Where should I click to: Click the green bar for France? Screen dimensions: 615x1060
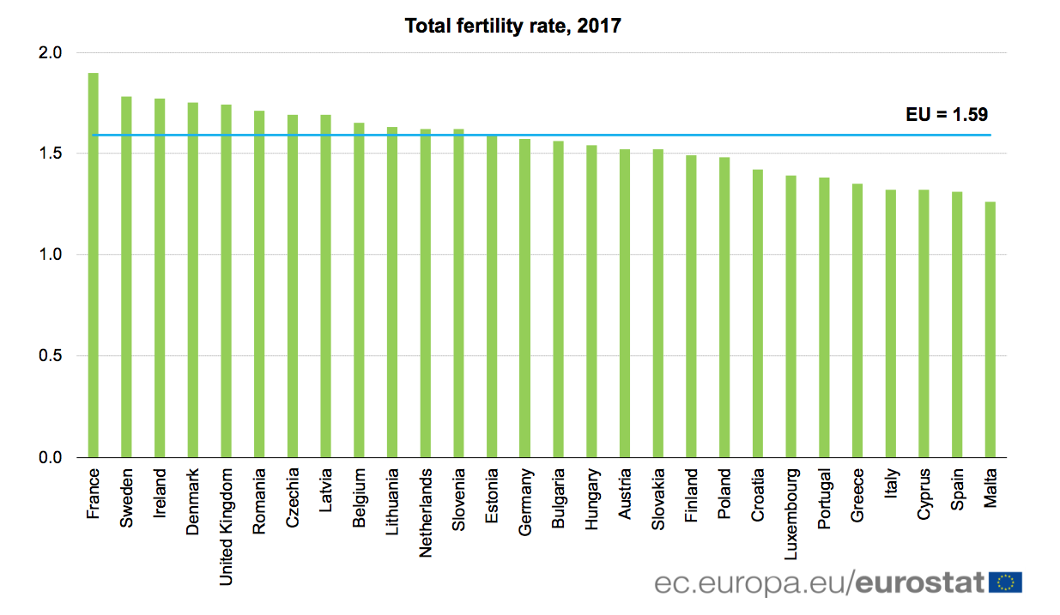93,266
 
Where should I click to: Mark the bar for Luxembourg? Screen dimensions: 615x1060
790,317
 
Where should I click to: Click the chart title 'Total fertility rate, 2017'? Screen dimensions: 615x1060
512,27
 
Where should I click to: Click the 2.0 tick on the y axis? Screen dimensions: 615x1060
51,53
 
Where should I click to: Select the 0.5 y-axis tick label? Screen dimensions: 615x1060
51,356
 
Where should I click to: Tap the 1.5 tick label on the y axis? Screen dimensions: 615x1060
51,154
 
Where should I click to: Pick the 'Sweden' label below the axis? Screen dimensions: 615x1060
127,497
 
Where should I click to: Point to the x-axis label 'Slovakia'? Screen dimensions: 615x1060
658,500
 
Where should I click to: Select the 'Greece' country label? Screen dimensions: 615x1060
857,495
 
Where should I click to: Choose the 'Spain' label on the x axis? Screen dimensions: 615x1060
957,491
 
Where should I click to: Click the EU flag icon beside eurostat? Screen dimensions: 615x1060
1005,583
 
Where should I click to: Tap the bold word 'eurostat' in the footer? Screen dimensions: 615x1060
919,583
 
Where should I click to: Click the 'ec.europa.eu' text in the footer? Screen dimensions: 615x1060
751,583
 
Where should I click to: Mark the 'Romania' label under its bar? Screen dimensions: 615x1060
259,500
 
